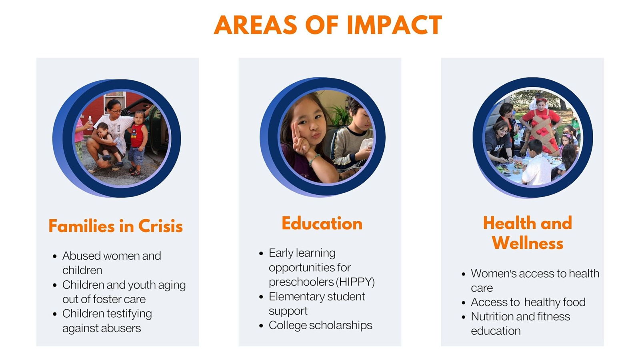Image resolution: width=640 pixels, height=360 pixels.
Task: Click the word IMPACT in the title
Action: [394, 25]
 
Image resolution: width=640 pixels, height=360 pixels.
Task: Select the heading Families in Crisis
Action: [116, 226]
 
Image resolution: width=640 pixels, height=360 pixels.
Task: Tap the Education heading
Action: [322, 223]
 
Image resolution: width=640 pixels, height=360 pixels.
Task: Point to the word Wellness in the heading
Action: [528, 243]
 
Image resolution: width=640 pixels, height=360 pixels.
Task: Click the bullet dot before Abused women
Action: [55, 256]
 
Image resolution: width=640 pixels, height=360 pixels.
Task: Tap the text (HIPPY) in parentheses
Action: [355, 282]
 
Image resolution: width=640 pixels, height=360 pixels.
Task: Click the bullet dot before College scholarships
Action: [261, 326]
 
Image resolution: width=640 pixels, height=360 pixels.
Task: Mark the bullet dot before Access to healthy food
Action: [464, 302]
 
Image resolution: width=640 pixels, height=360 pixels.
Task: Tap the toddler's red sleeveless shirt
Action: [138, 135]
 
